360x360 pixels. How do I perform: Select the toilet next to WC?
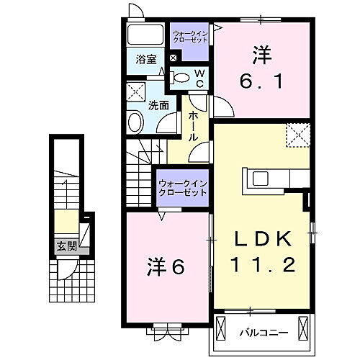point(182,77)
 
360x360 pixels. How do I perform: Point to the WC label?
point(199,78)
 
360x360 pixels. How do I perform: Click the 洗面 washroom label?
point(158,105)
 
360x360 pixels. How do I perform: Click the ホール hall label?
point(194,126)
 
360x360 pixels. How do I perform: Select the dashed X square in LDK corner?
point(297,135)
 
